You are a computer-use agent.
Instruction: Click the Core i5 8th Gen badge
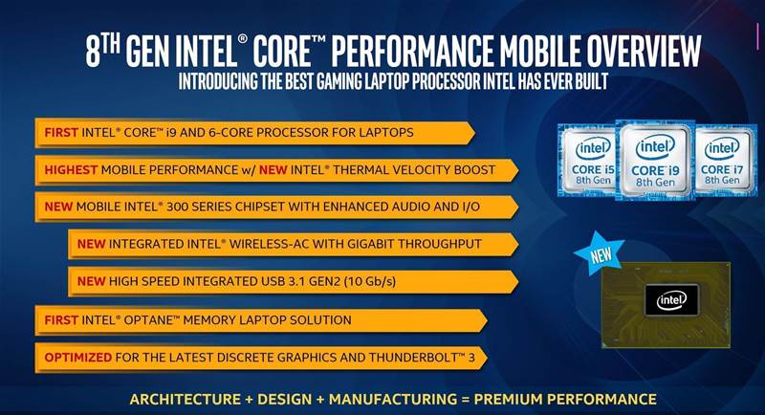587,160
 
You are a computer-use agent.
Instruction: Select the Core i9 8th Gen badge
655,160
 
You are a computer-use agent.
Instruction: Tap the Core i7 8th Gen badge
725,160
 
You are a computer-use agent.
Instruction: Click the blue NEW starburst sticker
600,253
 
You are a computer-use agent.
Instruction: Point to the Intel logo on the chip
671,300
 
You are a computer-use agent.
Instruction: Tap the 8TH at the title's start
102,51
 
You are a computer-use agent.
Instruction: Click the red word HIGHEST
71,169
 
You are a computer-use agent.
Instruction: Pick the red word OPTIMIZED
78,357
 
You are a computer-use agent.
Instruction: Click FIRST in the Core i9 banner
61,132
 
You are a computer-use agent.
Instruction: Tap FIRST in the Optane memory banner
61,320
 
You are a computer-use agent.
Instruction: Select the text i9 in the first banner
171,132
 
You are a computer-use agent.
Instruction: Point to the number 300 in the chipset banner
177,207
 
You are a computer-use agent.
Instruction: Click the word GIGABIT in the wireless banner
367,244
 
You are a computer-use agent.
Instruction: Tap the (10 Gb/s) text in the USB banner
370,281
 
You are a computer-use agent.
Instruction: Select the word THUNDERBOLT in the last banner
413,357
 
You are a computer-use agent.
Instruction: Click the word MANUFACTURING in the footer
393,399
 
